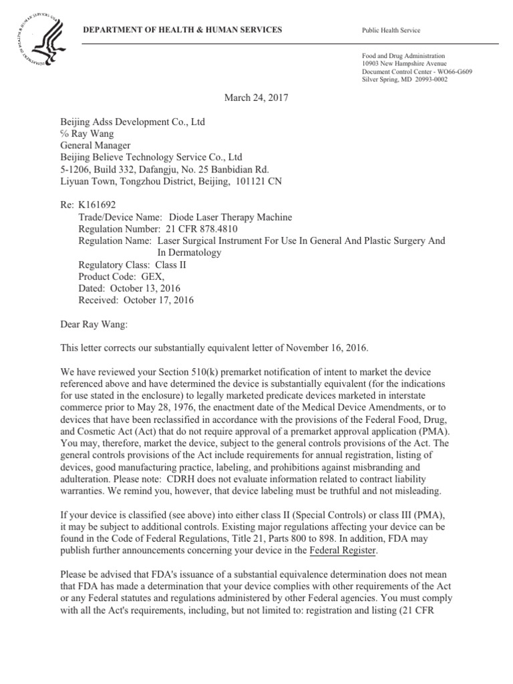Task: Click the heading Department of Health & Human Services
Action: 182,31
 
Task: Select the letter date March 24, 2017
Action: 256,97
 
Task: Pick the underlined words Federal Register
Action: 343,550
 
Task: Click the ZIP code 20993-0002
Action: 428,79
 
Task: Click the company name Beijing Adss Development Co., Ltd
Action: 132,122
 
